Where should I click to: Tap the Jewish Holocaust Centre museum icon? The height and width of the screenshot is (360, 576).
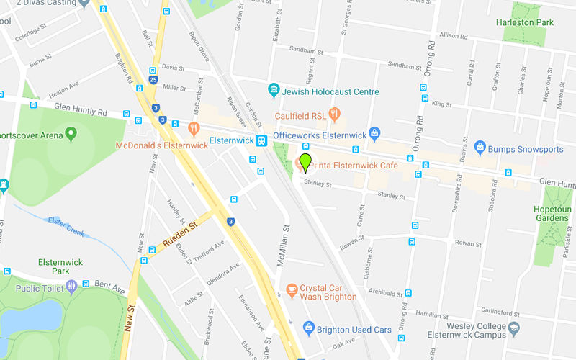(x=274, y=91)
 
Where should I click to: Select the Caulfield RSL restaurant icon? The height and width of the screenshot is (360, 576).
(x=334, y=114)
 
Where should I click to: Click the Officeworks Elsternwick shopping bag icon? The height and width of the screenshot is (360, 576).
(x=374, y=134)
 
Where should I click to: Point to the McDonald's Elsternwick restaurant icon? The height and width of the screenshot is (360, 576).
(x=194, y=130)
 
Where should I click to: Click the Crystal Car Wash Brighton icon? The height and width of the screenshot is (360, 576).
(x=292, y=290)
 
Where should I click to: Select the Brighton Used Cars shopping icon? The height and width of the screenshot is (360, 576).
(x=309, y=328)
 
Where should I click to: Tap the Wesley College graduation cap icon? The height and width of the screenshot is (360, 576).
(x=513, y=329)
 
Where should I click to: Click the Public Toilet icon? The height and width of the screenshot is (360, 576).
(x=71, y=287)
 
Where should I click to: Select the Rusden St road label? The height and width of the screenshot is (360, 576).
(x=179, y=235)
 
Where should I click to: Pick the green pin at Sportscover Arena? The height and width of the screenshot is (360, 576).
(x=71, y=133)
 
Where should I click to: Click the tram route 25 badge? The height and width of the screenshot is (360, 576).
(x=153, y=81)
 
